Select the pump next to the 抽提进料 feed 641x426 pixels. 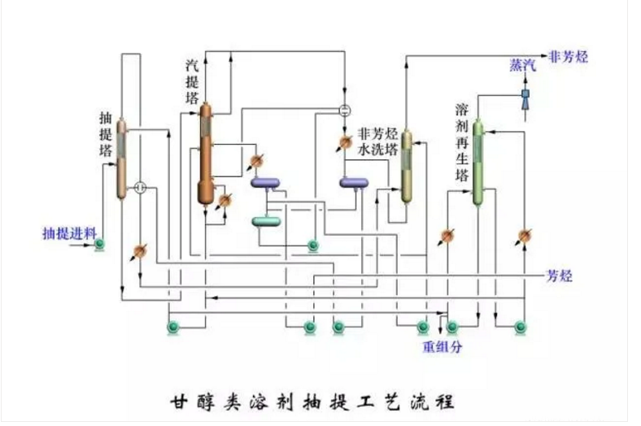(x=99, y=244)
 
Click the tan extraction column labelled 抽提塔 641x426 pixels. (x=122, y=159)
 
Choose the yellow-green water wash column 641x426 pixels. (x=408, y=166)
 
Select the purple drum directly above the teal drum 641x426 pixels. (x=266, y=184)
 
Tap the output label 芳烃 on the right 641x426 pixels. (x=560, y=276)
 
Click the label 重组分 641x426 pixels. (x=442, y=347)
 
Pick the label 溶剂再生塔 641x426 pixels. (x=461, y=142)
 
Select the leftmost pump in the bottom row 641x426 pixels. (x=173, y=327)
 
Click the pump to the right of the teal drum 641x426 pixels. (x=312, y=244)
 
